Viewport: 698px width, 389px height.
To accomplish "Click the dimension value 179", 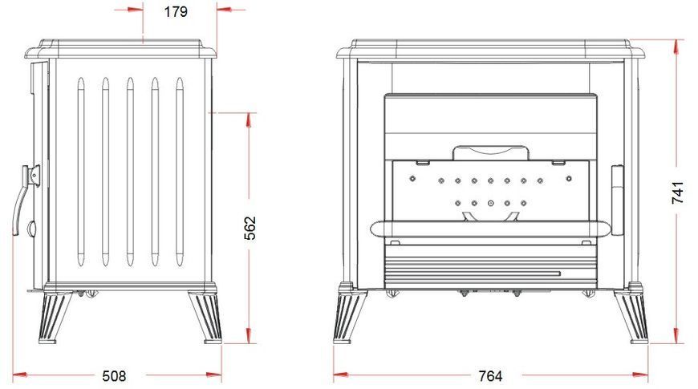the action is [x=176, y=12].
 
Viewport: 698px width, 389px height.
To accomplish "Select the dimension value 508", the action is [x=114, y=376].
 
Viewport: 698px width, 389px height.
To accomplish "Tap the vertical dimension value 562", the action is [x=250, y=228].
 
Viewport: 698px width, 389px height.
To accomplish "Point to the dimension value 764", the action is [x=490, y=376].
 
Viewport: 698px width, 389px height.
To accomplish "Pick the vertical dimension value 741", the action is [x=677, y=192].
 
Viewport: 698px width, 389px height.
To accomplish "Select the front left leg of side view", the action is [x=55, y=317].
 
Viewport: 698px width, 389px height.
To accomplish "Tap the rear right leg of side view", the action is [x=205, y=317].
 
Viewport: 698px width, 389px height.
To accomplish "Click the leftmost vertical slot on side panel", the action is [x=80, y=172].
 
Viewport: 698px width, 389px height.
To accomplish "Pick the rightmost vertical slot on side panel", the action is [x=180, y=172].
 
